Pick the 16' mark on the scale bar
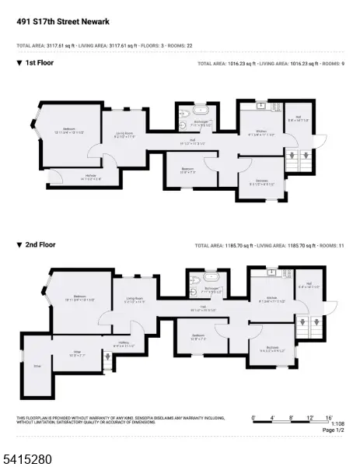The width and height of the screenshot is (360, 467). pyautogui.click(x=329, y=418)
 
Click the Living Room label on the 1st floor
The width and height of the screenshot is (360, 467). pyautogui.click(x=124, y=134)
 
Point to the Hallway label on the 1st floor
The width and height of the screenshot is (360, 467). pyautogui.click(x=92, y=176)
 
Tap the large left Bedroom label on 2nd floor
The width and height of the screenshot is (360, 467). pyautogui.click(x=79, y=297)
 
